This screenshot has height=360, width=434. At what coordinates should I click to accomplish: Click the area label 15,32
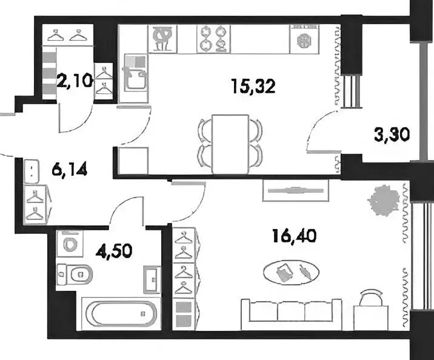[253, 86]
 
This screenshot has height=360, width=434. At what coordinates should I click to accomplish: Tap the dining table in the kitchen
[231, 143]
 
